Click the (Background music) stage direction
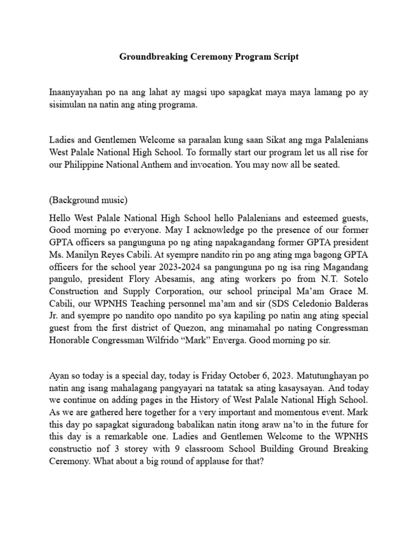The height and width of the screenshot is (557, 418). point(88,200)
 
